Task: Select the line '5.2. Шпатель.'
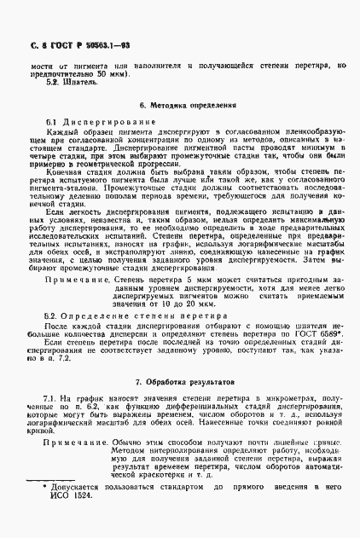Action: pos(61,83)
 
